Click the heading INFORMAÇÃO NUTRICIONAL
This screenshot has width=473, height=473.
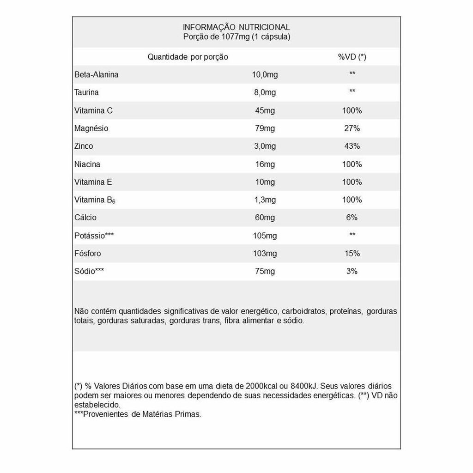(x=236, y=27)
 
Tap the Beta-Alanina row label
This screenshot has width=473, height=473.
(x=96, y=75)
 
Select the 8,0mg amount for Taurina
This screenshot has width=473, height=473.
(x=265, y=92)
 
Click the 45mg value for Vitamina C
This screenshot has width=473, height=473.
(x=265, y=111)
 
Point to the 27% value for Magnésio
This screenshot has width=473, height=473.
(x=352, y=128)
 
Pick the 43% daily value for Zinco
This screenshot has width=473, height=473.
(x=352, y=146)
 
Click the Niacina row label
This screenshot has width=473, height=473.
(x=87, y=164)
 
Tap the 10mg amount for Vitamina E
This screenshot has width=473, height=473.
(x=265, y=182)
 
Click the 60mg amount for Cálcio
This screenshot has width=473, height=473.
(x=265, y=218)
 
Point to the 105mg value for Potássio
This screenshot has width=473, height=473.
(x=265, y=236)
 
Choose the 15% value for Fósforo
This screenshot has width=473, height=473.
(x=352, y=254)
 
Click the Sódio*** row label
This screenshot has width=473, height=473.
(x=89, y=271)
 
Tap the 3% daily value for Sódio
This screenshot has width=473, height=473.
(x=352, y=271)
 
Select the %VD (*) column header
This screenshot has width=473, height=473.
(x=352, y=57)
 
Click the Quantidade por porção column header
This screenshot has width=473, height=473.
(x=188, y=57)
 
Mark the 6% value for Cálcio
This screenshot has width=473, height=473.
(x=352, y=218)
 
